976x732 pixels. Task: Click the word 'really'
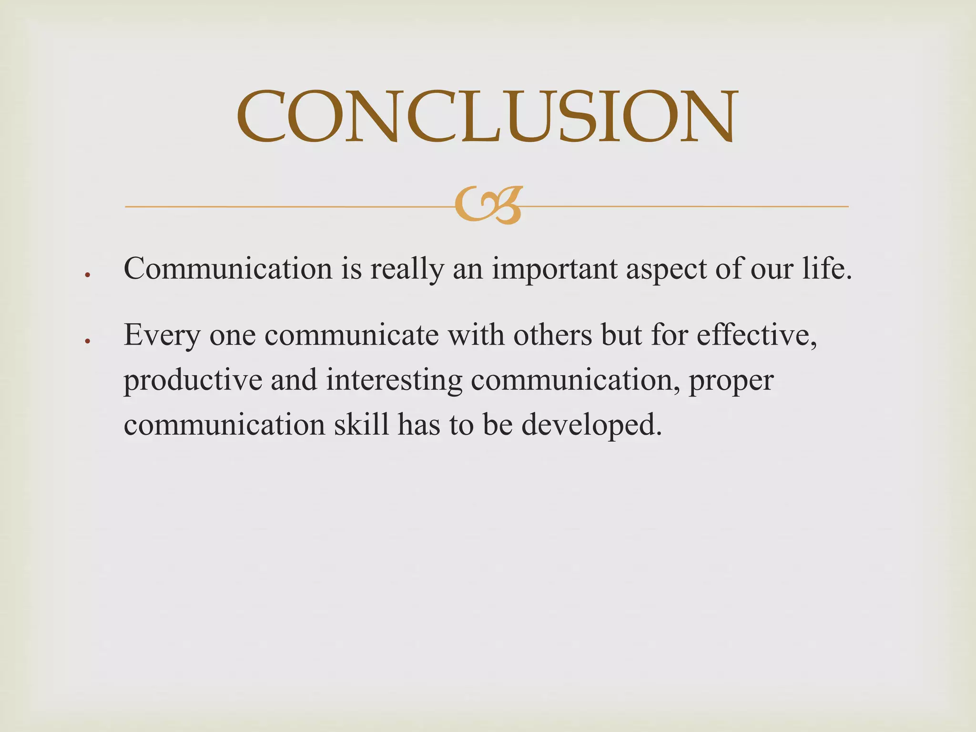point(407,270)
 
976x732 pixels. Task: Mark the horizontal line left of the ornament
point(286,207)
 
